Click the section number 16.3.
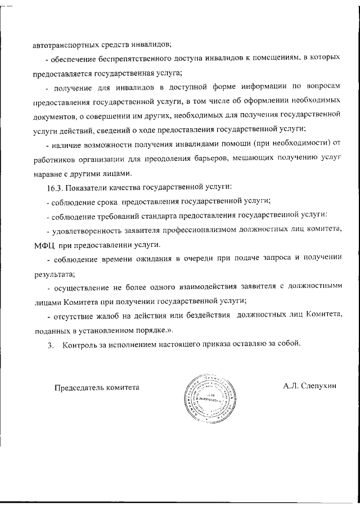click(56, 187)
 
